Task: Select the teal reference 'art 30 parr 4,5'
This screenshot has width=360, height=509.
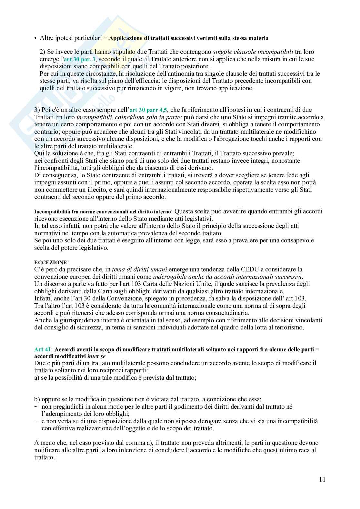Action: [148, 110]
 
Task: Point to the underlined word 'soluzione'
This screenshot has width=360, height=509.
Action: [65, 154]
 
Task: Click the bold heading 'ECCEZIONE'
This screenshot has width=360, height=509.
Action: [51, 262]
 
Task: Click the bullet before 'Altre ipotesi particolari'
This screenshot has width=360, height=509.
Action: [35, 38]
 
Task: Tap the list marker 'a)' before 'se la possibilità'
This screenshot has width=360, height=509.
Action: [37, 377]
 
